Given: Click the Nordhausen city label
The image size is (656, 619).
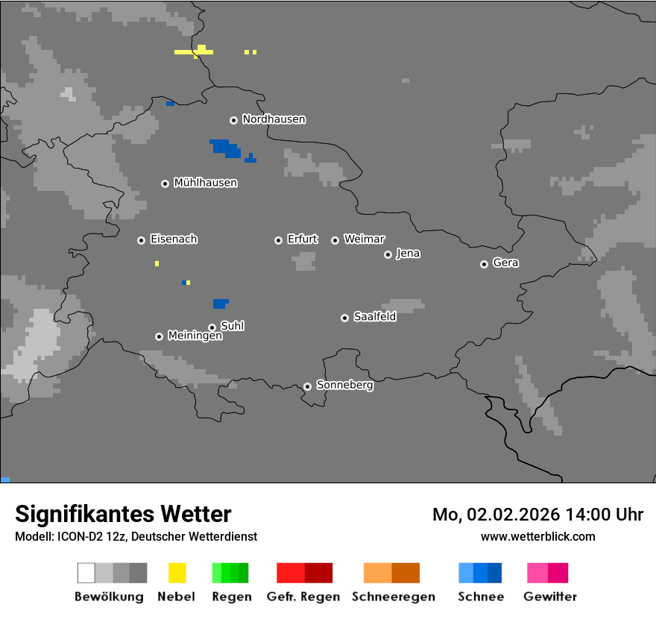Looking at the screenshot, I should pyautogui.click(x=274, y=119).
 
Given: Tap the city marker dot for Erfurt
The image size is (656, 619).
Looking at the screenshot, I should pyautogui.click(x=278, y=240).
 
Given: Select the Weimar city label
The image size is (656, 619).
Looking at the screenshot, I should pyautogui.click(x=364, y=239).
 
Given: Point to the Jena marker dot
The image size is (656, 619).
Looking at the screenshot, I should pyautogui.click(x=388, y=254).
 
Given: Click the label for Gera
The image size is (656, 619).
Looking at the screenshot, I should pyautogui.click(x=505, y=263).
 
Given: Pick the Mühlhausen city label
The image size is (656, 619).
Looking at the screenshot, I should pyautogui.click(x=205, y=183).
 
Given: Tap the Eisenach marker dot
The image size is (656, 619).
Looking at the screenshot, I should pyautogui.click(x=141, y=240).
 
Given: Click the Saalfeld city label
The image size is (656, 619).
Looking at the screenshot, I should pyautogui.click(x=374, y=317).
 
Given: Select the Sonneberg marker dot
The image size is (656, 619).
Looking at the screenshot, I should pyautogui.click(x=307, y=386).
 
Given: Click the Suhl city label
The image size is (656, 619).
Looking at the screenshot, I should pyautogui.click(x=232, y=326).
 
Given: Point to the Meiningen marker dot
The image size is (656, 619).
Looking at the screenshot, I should pyautogui.click(x=159, y=336).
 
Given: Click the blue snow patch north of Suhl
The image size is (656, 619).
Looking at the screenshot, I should pyautogui.click(x=220, y=304).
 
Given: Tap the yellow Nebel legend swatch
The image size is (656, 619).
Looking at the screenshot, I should pyautogui.click(x=177, y=573).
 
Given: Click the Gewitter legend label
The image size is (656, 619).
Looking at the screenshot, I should pyautogui.click(x=549, y=597).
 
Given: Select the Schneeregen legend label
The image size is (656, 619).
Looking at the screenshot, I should pyautogui.click(x=393, y=597).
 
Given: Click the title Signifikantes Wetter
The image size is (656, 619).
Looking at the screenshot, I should pyautogui.click(x=123, y=514).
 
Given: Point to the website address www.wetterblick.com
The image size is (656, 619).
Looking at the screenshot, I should pyautogui.click(x=537, y=536).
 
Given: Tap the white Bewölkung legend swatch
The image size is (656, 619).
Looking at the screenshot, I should pyautogui.click(x=86, y=573).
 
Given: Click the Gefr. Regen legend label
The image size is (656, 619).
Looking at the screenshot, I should pyautogui.click(x=303, y=597).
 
